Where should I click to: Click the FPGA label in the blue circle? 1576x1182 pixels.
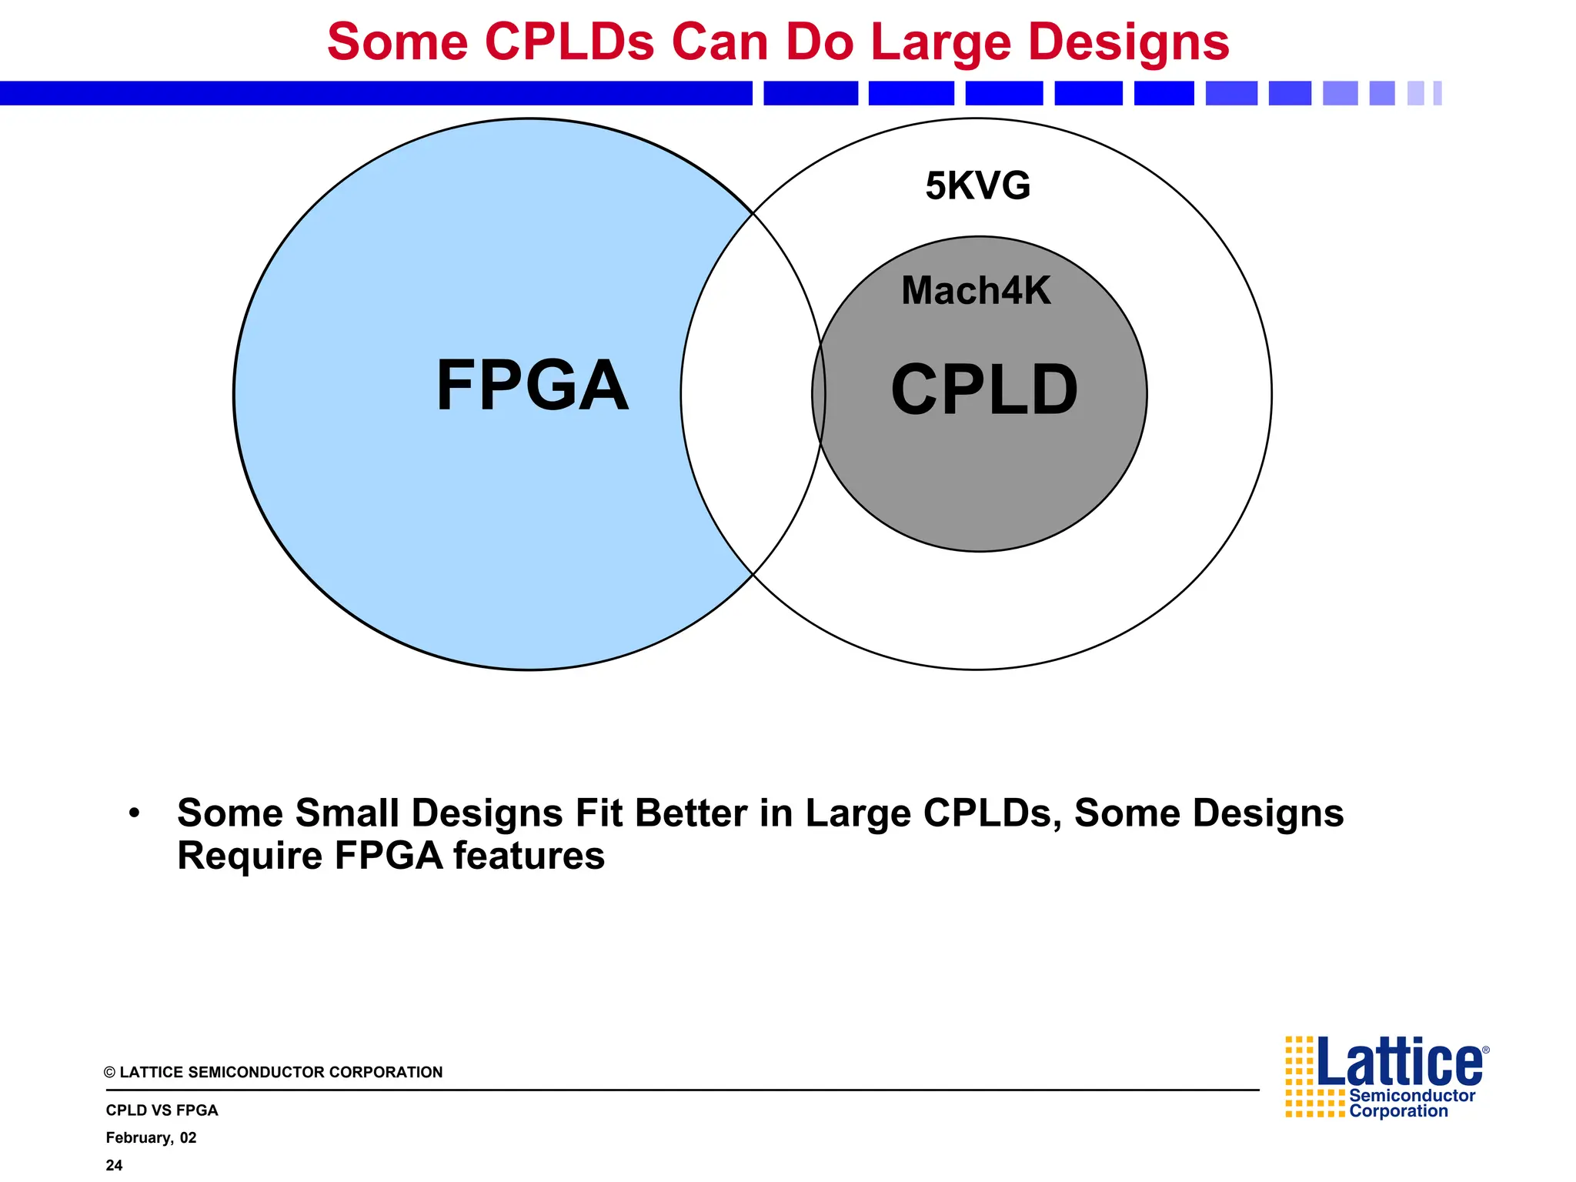(532, 386)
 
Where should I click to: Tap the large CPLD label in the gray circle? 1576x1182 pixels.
(983, 391)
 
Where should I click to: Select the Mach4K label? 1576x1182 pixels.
(975, 291)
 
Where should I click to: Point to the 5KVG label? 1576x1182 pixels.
(977, 186)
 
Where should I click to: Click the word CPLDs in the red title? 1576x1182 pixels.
(569, 42)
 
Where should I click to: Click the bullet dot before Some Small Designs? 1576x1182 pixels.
(135, 813)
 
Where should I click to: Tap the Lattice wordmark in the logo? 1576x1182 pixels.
(1400, 1062)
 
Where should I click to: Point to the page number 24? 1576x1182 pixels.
(114, 1165)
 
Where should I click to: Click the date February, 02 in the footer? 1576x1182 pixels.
(151, 1137)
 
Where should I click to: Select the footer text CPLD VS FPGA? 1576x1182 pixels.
(162, 1110)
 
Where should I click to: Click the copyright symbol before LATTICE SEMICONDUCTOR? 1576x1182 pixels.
(109, 1073)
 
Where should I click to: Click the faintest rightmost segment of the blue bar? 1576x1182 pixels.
(1437, 93)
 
